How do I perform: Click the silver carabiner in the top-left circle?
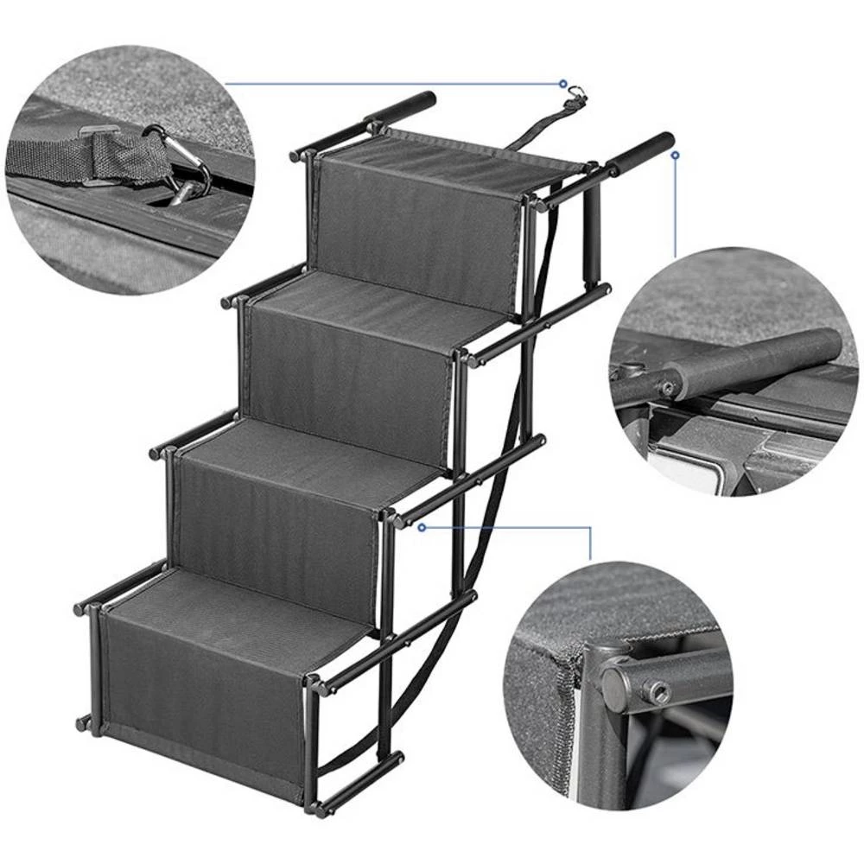[186, 168]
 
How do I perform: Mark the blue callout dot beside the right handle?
[675, 156]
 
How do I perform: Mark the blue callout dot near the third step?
[421, 525]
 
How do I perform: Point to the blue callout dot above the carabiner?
[562, 84]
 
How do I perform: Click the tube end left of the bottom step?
[79, 608]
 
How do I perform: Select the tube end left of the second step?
[227, 302]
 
